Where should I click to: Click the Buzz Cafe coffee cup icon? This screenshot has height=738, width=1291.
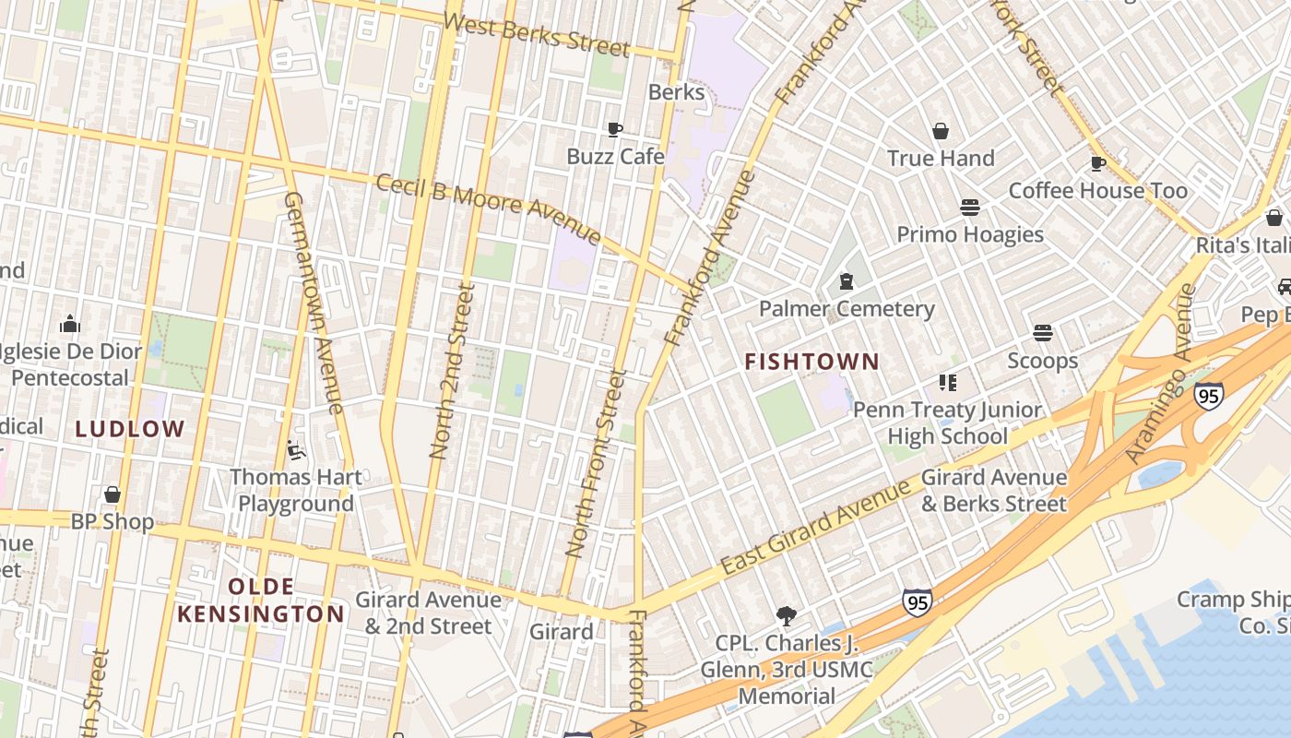tap(615, 129)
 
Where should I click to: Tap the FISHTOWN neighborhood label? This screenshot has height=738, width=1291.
tap(811, 362)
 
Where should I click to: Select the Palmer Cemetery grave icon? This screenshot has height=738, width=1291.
tap(847, 281)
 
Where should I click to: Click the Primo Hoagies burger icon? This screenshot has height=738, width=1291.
tap(969, 208)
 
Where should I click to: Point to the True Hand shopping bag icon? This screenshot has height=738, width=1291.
tap(941, 131)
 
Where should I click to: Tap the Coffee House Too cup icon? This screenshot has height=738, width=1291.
tap(1097, 163)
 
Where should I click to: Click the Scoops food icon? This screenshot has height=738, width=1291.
tap(1043, 332)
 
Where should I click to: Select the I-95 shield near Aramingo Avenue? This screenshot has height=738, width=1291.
tap(1209, 397)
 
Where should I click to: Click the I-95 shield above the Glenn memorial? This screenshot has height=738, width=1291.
tap(917, 602)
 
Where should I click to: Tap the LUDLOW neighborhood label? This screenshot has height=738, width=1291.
tap(130, 429)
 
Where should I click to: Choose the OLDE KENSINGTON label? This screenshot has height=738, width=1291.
tap(261, 601)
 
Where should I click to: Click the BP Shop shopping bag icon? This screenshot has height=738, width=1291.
tap(113, 495)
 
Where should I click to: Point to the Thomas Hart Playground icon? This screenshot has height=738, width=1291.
tap(296, 450)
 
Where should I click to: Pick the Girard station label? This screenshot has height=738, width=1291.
tap(561, 632)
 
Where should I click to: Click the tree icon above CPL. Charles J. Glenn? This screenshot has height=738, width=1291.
tap(786, 615)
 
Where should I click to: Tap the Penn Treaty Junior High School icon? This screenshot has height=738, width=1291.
tap(947, 382)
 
